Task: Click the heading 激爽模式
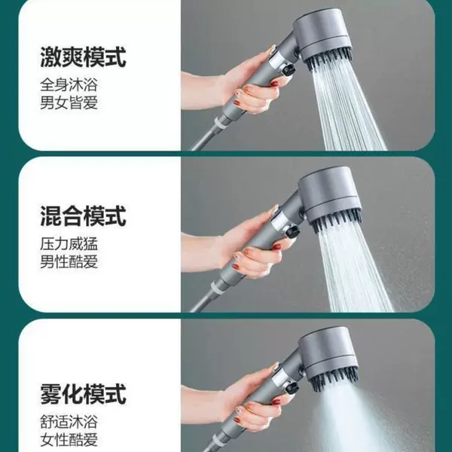[x=83, y=56]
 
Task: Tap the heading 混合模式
[x=83, y=215]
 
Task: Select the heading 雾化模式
[x=83, y=394]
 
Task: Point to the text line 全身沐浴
[x=69, y=84]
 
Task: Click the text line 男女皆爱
[x=69, y=102]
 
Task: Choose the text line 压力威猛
[x=69, y=244]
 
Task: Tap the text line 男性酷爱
[x=69, y=261]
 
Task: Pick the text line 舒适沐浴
[x=69, y=422]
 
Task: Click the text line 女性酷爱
[x=69, y=440]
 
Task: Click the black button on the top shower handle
[x=288, y=70]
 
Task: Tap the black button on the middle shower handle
[x=292, y=231]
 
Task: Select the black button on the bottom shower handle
[x=292, y=387]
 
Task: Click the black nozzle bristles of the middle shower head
[x=337, y=221]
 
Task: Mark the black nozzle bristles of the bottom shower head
[x=335, y=377]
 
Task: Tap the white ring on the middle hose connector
[x=218, y=287]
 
